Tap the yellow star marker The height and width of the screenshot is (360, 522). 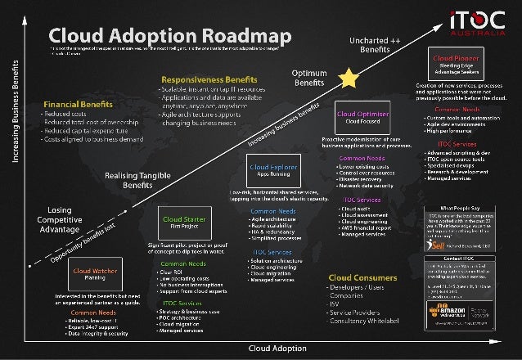(x=349, y=78)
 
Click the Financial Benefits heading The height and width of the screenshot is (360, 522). (x=78, y=106)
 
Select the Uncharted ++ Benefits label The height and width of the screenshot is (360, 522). (x=375, y=45)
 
